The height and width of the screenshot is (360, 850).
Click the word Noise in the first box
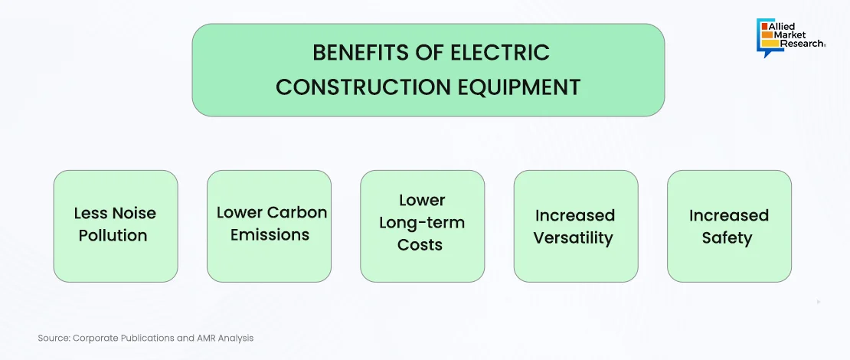(x=135, y=213)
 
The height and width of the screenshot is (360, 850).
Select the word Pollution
(x=113, y=236)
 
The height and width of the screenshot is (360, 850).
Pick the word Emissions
(x=270, y=234)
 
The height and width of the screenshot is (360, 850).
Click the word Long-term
(x=422, y=223)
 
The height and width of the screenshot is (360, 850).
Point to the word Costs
(x=420, y=244)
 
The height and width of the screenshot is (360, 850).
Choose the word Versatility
(x=573, y=238)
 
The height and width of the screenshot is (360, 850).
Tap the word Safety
(x=727, y=238)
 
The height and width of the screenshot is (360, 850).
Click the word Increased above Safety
(x=728, y=215)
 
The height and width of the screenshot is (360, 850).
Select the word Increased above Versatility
(x=574, y=215)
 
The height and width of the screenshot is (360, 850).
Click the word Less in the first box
(x=91, y=213)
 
